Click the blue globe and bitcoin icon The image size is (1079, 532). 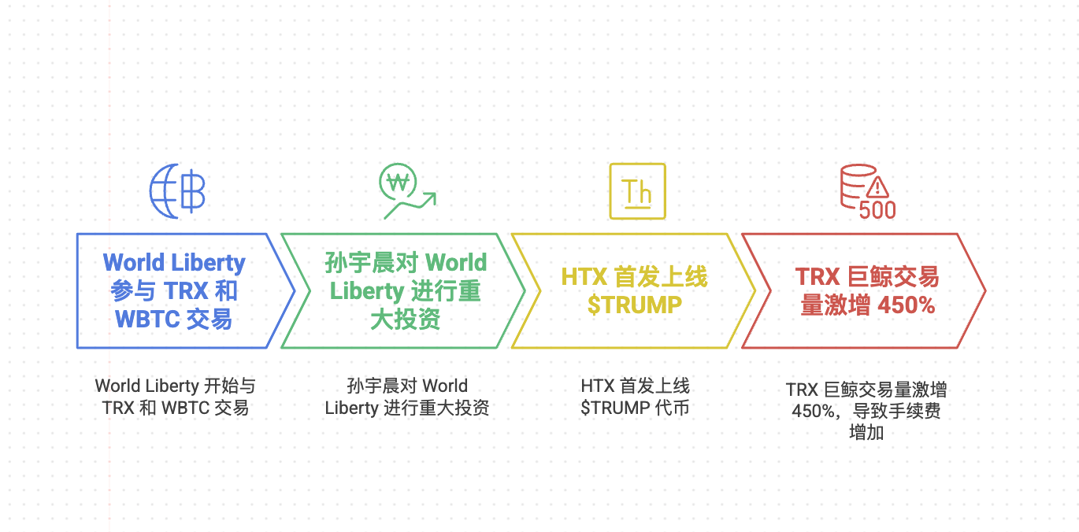[177, 191]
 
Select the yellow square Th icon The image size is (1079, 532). [637, 191]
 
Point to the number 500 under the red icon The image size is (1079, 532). [877, 210]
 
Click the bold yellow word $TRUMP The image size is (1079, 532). [634, 305]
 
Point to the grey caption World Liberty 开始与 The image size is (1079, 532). [175, 386]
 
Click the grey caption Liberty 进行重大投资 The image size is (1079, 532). [406, 408]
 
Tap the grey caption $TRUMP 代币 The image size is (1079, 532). [635, 408]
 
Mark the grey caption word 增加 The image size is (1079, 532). [866, 431]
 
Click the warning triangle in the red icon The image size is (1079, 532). [877, 187]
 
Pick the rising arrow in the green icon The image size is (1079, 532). [417, 202]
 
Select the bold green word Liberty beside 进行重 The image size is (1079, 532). [366, 291]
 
